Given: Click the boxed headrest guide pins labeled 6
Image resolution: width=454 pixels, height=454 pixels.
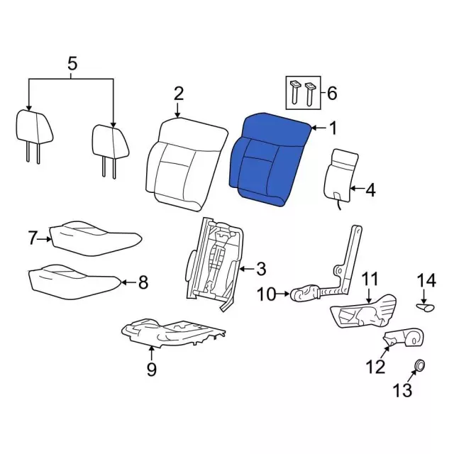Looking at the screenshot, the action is coord(303,93).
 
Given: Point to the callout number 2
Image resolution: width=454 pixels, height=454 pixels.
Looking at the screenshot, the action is coord(178,94).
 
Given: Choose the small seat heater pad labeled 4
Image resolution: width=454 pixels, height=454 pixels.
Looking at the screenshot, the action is coord(340,177).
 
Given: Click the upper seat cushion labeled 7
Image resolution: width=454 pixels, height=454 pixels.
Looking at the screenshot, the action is coord(96,238).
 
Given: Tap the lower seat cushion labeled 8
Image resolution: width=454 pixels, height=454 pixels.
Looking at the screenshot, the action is coord(74,281).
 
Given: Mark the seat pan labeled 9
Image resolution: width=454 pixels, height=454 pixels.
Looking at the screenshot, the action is coord(173,333).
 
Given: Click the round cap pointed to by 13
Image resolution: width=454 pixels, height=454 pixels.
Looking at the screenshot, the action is coord(419,365).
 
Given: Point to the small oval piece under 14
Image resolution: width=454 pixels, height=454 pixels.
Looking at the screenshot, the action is coord(426,307).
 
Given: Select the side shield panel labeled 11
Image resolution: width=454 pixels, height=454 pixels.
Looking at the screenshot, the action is coord(363,312).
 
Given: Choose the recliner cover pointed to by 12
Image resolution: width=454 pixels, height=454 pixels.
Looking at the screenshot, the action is coord(404,338).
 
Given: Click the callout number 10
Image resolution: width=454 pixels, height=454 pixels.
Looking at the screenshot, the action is coord(267,294).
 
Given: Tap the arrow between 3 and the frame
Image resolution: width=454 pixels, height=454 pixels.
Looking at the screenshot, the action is coord(247,270).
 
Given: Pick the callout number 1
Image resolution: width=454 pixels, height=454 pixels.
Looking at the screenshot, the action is coord(333,128).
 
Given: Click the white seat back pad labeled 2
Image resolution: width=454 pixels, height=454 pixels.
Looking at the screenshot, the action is coord(185,164).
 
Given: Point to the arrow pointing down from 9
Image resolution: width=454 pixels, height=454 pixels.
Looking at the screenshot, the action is coord(151,353).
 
